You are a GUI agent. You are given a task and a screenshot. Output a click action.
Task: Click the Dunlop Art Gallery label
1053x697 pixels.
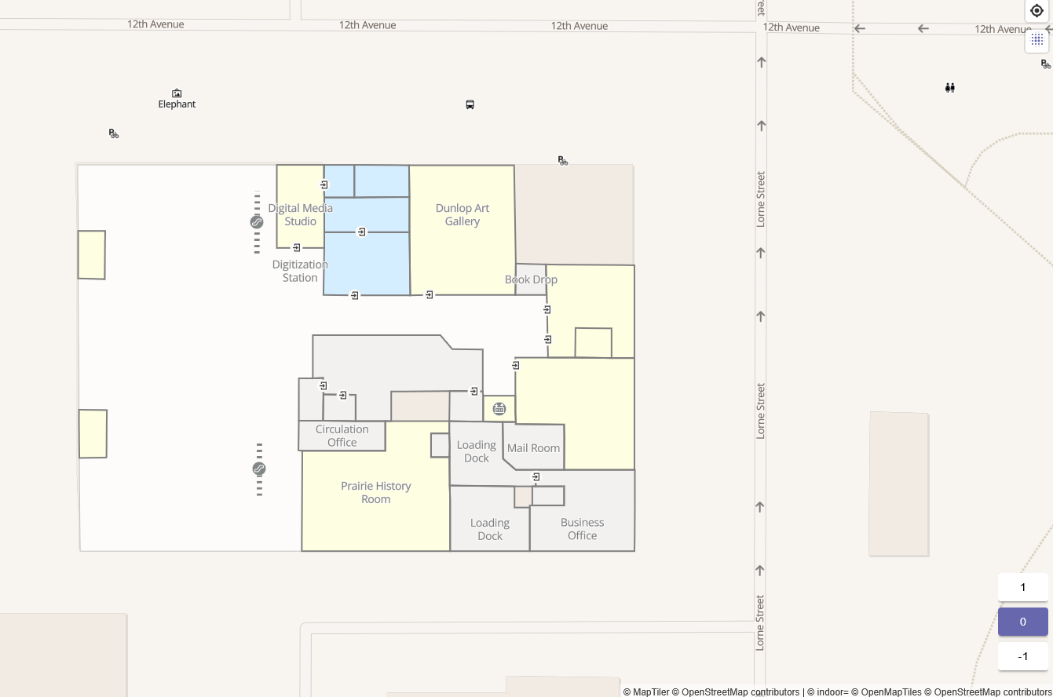coord(463,214)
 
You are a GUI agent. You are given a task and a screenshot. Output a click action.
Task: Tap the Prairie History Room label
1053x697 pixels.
coord(375,492)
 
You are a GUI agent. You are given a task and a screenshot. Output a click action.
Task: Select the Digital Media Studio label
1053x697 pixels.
coord(300,214)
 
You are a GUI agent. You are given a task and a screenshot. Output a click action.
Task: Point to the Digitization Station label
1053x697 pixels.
coord(300,271)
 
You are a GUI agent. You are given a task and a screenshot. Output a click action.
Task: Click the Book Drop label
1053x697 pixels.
coord(531,279)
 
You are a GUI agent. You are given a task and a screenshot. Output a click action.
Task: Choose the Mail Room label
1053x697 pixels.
coord(533,448)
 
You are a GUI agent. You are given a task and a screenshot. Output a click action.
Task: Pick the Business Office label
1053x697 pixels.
coord(582,528)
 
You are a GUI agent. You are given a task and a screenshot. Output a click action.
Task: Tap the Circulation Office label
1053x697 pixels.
coord(342,436)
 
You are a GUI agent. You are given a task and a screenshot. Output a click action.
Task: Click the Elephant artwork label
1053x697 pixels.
coord(177,104)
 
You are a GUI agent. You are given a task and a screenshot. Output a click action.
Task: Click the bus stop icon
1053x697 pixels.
coord(470,104)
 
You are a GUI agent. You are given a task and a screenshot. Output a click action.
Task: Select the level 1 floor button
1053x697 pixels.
coord(1022,587)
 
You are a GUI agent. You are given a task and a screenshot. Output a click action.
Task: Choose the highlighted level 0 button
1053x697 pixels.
coord(1022,622)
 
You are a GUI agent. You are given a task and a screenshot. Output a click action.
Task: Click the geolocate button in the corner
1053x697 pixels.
coord(1037,11)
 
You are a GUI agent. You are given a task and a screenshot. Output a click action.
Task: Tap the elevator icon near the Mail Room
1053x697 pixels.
coord(499,409)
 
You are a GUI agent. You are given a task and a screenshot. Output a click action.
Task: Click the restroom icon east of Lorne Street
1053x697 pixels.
coord(949,88)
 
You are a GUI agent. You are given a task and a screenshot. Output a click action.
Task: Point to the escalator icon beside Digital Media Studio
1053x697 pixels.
coord(257,222)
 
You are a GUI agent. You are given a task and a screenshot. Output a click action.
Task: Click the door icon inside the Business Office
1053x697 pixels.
coord(536,476)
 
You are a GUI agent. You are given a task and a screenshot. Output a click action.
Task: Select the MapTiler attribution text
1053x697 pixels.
coord(645,692)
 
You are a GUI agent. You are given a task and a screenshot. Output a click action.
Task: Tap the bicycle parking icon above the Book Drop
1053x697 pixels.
coord(562,160)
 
